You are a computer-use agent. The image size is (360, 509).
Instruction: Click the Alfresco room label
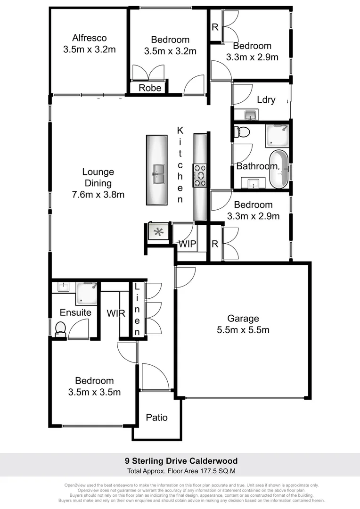click(90, 38)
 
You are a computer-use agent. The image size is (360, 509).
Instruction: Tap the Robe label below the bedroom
click(150, 88)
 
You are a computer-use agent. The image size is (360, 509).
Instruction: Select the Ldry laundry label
click(266, 100)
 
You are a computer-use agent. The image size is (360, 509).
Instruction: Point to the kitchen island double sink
click(157, 174)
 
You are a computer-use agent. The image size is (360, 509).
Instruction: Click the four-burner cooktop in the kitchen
click(200, 174)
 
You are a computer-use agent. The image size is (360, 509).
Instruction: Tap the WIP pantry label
click(187, 244)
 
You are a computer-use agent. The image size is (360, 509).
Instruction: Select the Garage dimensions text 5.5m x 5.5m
click(243, 330)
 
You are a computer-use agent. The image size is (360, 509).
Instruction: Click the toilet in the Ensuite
click(60, 328)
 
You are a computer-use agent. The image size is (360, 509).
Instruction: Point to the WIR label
click(115, 313)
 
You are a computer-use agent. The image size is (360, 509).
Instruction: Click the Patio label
click(156, 418)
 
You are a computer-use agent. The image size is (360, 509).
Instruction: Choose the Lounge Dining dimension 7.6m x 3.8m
click(98, 194)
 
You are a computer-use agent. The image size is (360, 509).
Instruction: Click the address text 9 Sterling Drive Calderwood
click(181, 461)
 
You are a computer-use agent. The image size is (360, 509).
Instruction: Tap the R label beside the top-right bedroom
click(215, 27)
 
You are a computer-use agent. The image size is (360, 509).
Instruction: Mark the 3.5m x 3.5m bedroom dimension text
click(94, 392)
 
